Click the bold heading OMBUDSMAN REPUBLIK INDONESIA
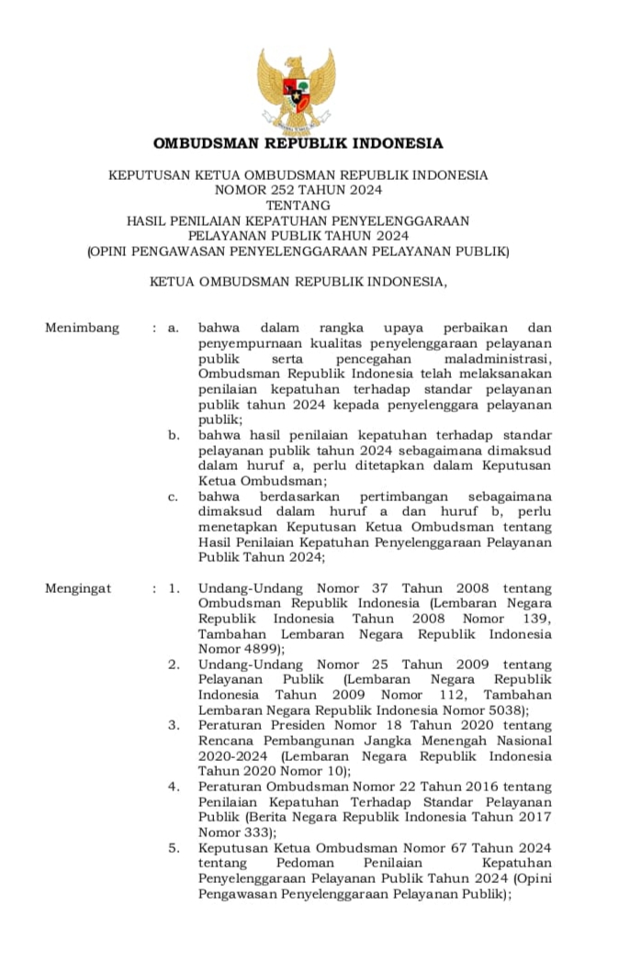[x=298, y=144]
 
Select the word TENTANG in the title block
[x=298, y=206]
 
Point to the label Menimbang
[x=82, y=328]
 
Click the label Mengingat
[x=78, y=588]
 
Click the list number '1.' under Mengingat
[x=174, y=588]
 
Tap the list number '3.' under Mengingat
[x=174, y=725]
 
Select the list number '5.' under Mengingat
[x=174, y=848]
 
